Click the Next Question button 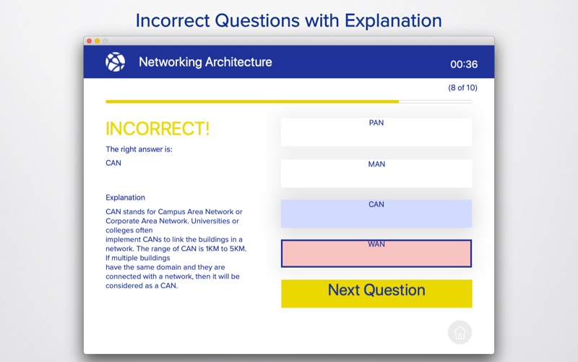(x=376, y=293)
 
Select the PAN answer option (x=376, y=132)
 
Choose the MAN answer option (x=376, y=173)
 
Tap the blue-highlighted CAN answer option (x=376, y=214)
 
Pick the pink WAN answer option (x=376, y=253)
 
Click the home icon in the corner (x=460, y=332)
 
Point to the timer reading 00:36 (x=464, y=64)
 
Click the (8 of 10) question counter (x=462, y=88)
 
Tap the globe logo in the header (x=115, y=62)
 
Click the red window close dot (x=89, y=41)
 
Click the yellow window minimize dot (x=98, y=41)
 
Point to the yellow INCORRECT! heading (x=158, y=129)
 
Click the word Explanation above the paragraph (x=125, y=197)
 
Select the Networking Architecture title (x=205, y=62)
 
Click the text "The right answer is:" (x=139, y=149)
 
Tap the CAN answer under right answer (x=113, y=163)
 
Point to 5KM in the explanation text (x=237, y=248)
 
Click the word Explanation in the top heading (x=393, y=21)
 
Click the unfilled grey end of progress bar (x=436, y=101)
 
